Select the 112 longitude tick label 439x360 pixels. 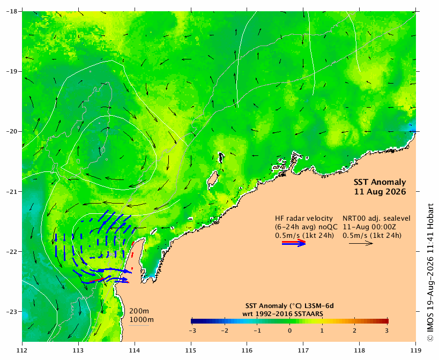tap(22, 350)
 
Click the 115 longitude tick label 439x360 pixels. tap(191, 350)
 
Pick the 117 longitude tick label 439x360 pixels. tap(303, 350)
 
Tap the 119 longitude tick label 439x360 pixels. tap(416, 350)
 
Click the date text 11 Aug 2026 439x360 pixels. tap(380, 192)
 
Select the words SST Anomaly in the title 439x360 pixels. tap(380, 182)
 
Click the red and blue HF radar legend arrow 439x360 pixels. tap(294, 243)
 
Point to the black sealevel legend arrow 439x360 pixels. tap(361, 243)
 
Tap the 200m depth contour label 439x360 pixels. tap(139, 311)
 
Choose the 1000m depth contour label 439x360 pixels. tap(142, 320)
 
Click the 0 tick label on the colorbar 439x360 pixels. tap(290, 331)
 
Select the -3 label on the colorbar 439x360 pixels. tap(192, 331)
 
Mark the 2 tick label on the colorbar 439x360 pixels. tap(354, 331)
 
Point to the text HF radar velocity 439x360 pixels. tap(304, 219)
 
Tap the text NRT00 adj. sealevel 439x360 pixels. tap(377, 219)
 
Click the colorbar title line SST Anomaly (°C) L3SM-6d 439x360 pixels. tap(289, 306)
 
